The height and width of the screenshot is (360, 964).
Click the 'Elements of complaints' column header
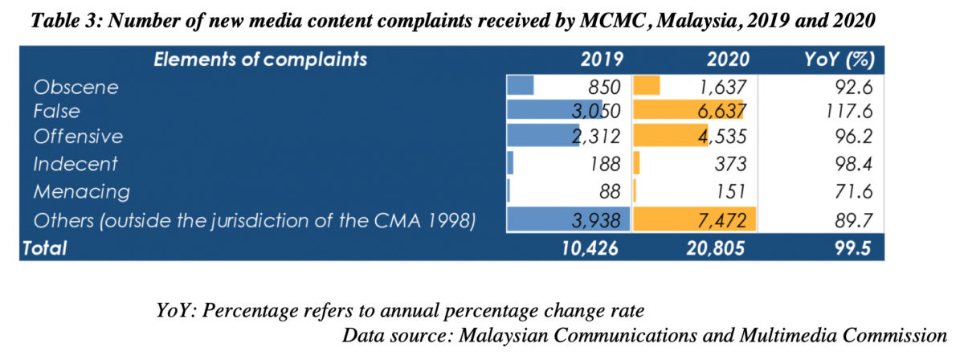click(x=260, y=59)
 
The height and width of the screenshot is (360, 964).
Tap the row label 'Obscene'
click(x=76, y=86)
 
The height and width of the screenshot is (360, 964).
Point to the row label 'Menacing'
click(x=81, y=191)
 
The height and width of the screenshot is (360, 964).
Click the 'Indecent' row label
click(x=76, y=165)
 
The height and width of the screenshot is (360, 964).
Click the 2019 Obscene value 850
click(x=603, y=86)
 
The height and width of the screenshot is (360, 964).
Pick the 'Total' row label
click(x=45, y=249)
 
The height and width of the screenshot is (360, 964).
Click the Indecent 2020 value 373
click(x=729, y=165)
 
